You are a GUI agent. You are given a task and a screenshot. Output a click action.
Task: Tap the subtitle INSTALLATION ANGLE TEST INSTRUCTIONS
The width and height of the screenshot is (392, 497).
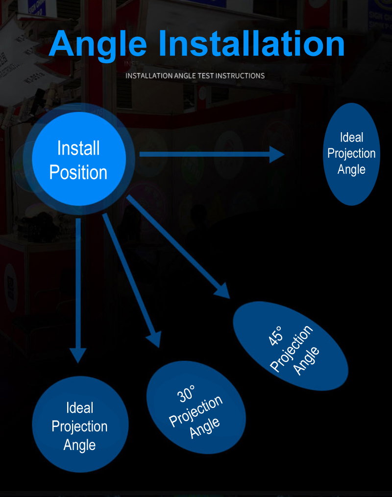click(x=195, y=76)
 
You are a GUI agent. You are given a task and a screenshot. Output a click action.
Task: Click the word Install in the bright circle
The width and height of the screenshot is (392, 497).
click(x=78, y=148)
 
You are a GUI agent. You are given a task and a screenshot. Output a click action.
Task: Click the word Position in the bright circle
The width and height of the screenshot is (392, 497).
click(x=78, y=172)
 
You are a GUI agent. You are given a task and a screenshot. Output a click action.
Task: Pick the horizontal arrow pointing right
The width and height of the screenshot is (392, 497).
click(x=206, y=155)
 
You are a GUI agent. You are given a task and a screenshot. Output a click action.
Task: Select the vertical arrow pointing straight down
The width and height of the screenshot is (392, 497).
click(x=78, y=284)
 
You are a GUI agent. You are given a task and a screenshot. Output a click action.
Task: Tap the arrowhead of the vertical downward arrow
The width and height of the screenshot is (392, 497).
click(x=78, y=355)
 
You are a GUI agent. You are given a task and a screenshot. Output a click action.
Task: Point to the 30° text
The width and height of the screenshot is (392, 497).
click(x=185, y=393)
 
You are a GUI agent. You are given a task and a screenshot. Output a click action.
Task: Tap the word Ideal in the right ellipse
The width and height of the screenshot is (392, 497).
click(x=352, y=138)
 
